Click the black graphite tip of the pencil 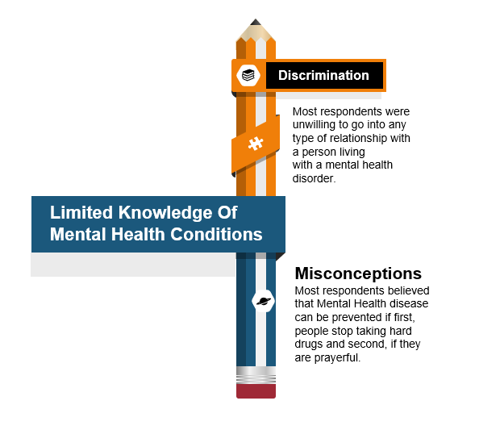256,23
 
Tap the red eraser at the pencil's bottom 256,390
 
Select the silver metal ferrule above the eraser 256,375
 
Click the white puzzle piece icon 256,144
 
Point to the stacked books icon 248,76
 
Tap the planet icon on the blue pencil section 264,301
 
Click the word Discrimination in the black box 323,75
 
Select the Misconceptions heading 358,273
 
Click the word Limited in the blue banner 81,212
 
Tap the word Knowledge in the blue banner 165,213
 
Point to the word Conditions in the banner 216,234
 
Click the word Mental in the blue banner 77,234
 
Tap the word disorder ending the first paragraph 314,178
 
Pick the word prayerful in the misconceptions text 337,358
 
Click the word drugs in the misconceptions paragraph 306,344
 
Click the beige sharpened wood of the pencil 256,33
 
